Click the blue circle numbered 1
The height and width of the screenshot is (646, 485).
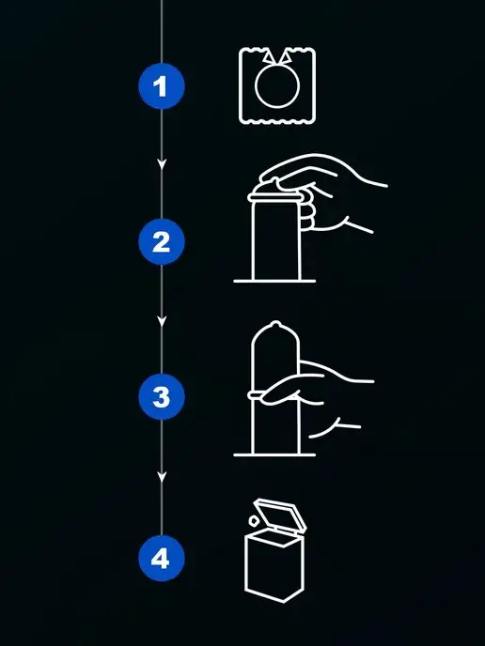point(162,85)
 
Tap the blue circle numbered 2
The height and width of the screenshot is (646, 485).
point(162,241)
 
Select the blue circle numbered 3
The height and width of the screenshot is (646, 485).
point(162,397)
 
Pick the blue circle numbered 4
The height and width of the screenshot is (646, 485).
point(162,559)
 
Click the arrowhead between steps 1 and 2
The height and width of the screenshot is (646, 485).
point(162,164)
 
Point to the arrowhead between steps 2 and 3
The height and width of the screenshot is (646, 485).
point(162,321)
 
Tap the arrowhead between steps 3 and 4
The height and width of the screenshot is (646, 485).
point(162,477)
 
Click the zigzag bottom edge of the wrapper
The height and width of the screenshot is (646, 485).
point(277,121)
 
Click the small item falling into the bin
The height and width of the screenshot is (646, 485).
point(254,521)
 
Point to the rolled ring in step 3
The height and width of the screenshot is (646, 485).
point(255,395)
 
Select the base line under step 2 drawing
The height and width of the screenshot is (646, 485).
point(274,281)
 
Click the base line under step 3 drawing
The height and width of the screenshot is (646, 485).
point(274,454)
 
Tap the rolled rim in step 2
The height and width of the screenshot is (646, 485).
point(274,198)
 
